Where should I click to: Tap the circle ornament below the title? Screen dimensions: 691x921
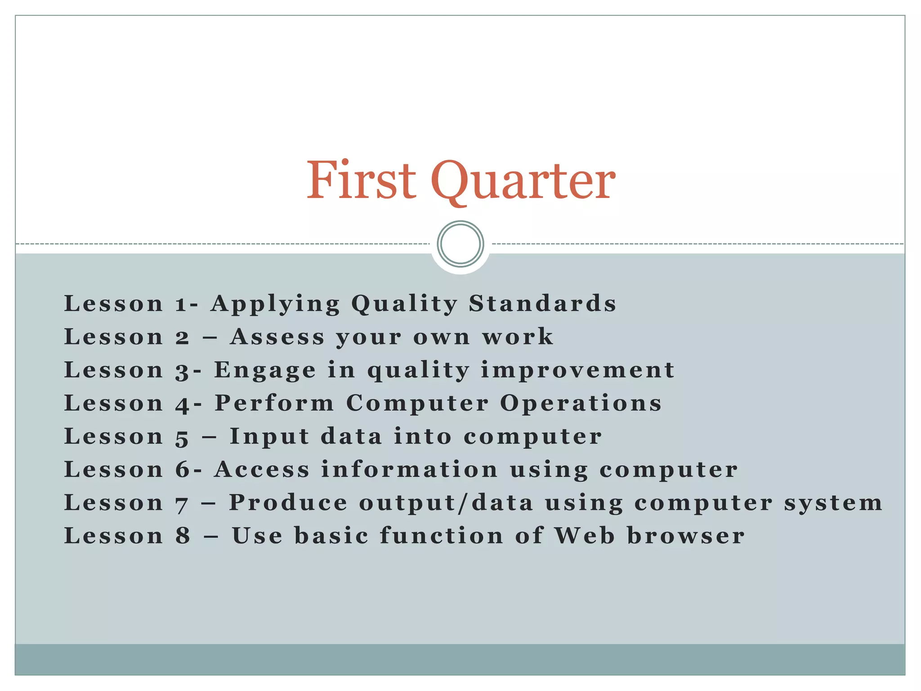click(460, 244)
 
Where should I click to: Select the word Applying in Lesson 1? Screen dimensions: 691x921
click(275, 304)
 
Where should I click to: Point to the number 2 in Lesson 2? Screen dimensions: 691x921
click(182, 337)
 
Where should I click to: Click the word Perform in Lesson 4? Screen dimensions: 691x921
click(274, 403)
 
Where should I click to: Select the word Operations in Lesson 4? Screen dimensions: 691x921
click(581, 404)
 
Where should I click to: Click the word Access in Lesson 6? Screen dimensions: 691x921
click(262, 470)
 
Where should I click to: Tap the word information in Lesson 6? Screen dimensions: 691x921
click(409, 470)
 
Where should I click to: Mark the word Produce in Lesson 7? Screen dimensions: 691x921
click(288, 503)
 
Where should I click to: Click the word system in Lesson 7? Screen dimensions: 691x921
click(833, 503)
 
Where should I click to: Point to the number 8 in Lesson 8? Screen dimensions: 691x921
click(183, 536)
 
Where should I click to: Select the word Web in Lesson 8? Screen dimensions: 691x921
click(584, 536)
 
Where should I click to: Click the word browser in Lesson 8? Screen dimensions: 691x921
click(686, 536)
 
